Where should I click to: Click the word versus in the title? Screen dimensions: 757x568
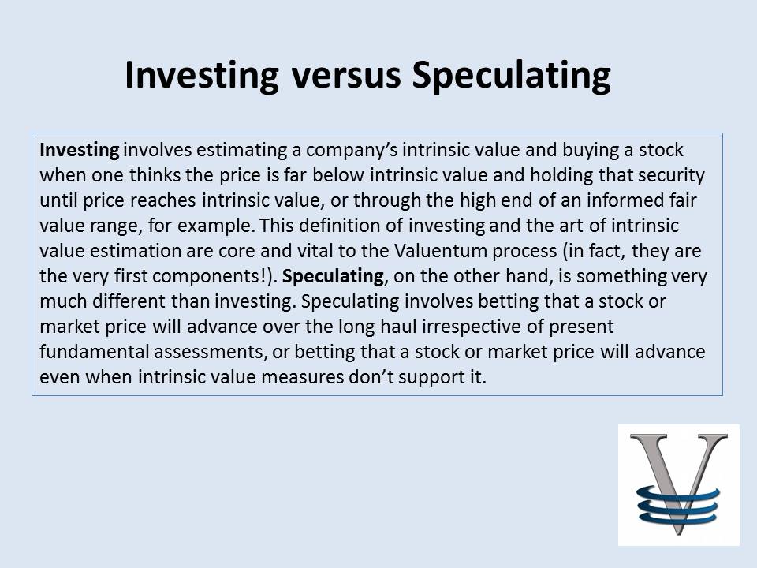tap(346, 76)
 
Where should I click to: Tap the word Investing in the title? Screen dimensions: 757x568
tap(202, 76)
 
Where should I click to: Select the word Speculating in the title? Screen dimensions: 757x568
tap(512, 76)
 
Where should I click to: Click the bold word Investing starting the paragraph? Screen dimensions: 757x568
tap(80, 151)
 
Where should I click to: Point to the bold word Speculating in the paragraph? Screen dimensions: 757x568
tap(333, 277)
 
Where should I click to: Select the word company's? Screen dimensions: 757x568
tap(352, 151)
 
